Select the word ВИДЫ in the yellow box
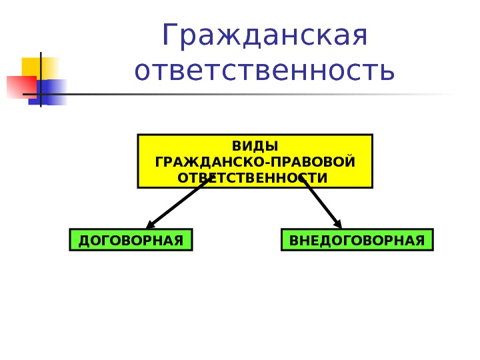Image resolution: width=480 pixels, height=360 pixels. pyautogui.click(x=255, y=147)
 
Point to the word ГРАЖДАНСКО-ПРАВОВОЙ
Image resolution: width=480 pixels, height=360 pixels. pyautogui.click(x=255, y=162)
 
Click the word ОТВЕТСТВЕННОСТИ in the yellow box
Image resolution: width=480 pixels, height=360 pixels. pyautogui.click(x=255, y=178)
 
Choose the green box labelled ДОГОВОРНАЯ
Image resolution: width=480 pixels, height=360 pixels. pyautogui.click(x=131, y=240)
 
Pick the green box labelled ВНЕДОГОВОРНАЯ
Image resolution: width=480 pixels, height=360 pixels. pyautogui.click(x=357, y=240)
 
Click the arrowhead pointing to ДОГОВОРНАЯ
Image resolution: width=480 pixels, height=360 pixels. pyautogui.click(x=151, y=224)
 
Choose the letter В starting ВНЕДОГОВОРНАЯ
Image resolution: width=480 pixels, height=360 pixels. pyautogui.click(x=294, y=240)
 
